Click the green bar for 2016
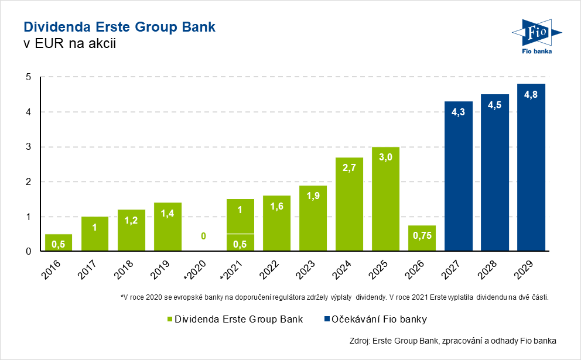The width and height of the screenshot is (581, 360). pyautogui.click(x=59, y=243)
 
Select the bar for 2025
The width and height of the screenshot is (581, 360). pyautogui.click(x=385, y=199)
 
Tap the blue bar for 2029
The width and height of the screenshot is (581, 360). pyautogui.click(x=531, y=170)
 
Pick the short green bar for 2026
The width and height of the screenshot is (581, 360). pyautogui.click(x=422, y=238)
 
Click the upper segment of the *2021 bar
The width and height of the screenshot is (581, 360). pyautogui.click(x=240, y=216)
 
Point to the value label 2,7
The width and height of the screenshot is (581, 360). pyautogui.click(x=349, y=167)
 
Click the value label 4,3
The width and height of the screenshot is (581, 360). pyautogui.click(x=458, y=112)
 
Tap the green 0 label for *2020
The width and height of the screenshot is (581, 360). pyautogui.click(x=204, y=236)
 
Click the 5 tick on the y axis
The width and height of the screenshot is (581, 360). pyautogui.click(x=28, y=77)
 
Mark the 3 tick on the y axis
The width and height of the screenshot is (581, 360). pyautogui.click(x=28, y=147)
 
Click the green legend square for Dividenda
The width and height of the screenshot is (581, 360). pyautogui.click(x=170, y=320)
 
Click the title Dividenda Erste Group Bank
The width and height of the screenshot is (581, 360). pyautogui.click(x=119, y=27)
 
